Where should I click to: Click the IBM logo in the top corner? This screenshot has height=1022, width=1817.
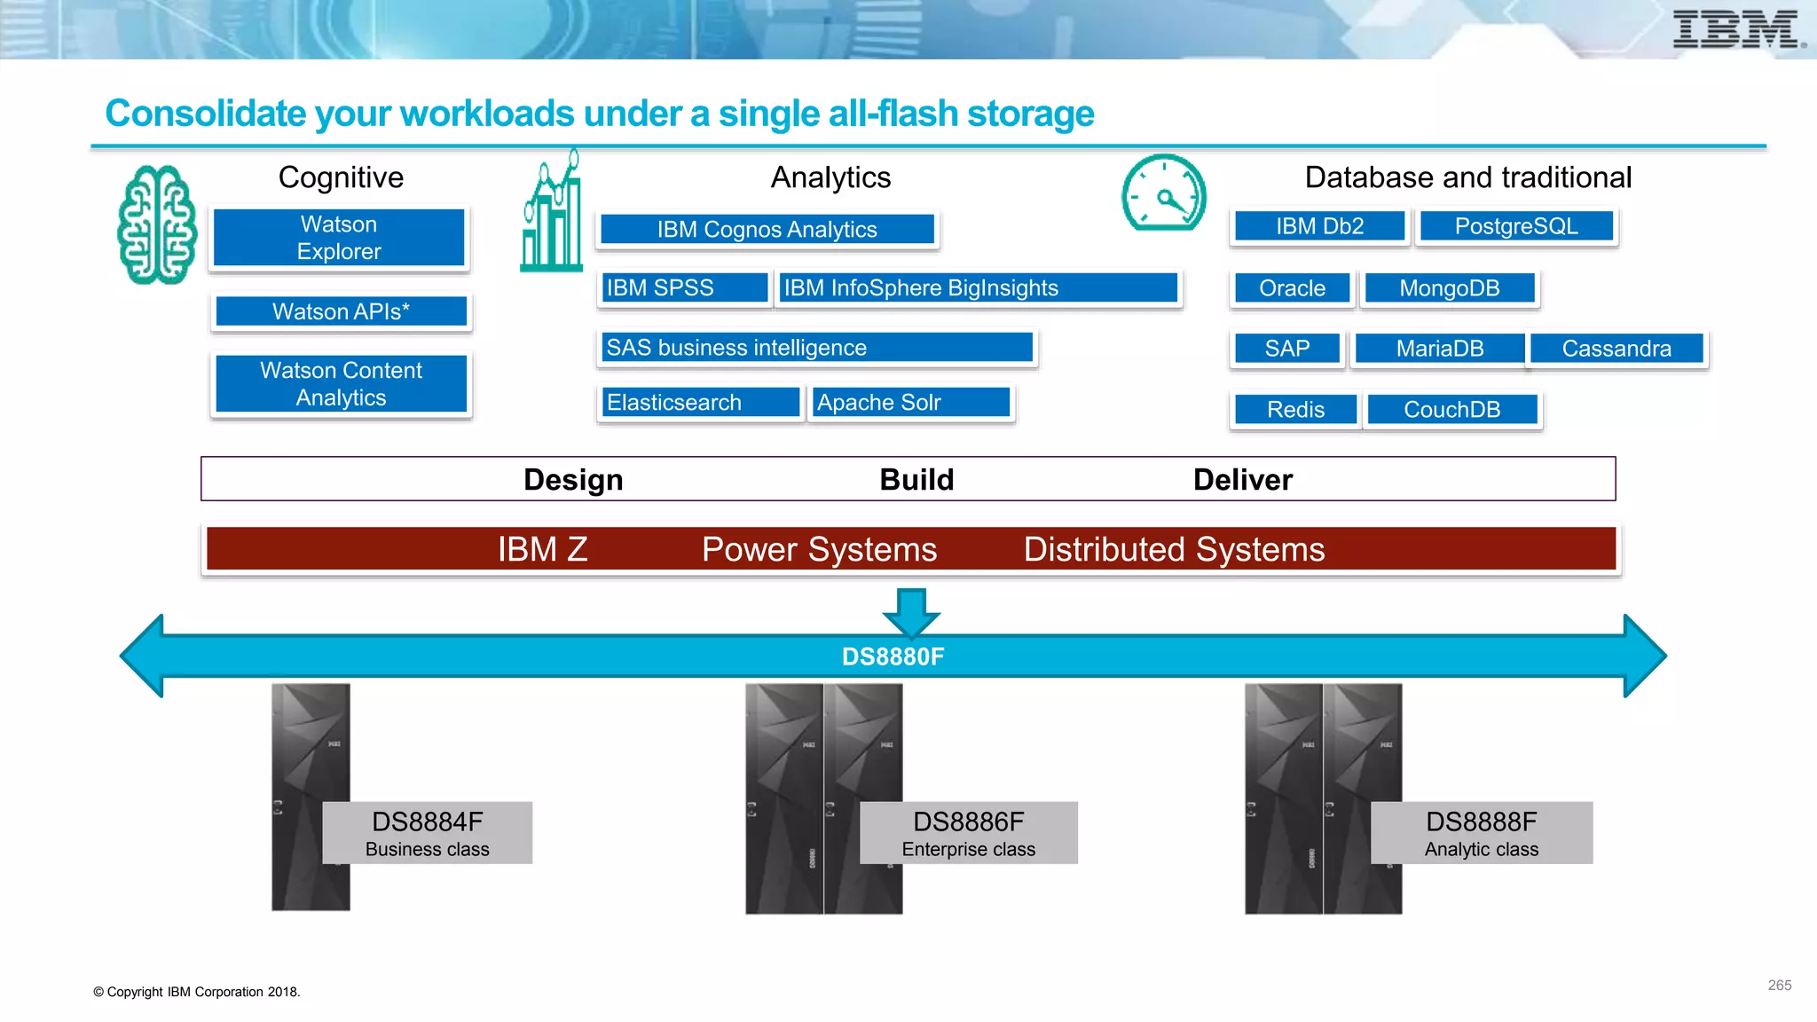coord(1736,29)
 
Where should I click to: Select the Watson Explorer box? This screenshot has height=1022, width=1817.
coord(339,238)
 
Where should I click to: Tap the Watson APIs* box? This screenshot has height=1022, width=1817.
coord(341,311)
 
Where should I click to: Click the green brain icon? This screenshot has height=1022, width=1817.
coord(157,225)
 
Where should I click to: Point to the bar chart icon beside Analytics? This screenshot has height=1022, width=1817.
coord(552,213)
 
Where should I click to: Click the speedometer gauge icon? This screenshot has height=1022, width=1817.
coord(1163,193)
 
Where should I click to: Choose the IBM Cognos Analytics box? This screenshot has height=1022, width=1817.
coord(767,229)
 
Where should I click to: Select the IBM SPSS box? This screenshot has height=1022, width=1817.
coord(683,287)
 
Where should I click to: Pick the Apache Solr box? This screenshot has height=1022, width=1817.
coord(910,402)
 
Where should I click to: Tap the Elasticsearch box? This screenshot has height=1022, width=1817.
coord(700,402)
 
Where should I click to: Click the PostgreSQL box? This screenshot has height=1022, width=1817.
coord(1516,226)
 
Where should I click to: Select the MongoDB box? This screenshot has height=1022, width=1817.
coord(1450,288)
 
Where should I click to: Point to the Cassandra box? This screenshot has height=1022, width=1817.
coord(1616,349)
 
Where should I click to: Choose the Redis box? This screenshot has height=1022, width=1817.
coord(1295,410)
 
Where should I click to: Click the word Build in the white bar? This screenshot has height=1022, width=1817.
coord(916,480)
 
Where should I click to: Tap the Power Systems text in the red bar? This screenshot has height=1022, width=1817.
coord(819,550)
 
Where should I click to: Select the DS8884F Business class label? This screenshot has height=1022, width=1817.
coord(428,833)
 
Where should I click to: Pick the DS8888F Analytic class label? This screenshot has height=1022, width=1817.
coord(1482,833)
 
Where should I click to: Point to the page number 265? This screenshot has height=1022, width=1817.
coord(1779,986)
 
